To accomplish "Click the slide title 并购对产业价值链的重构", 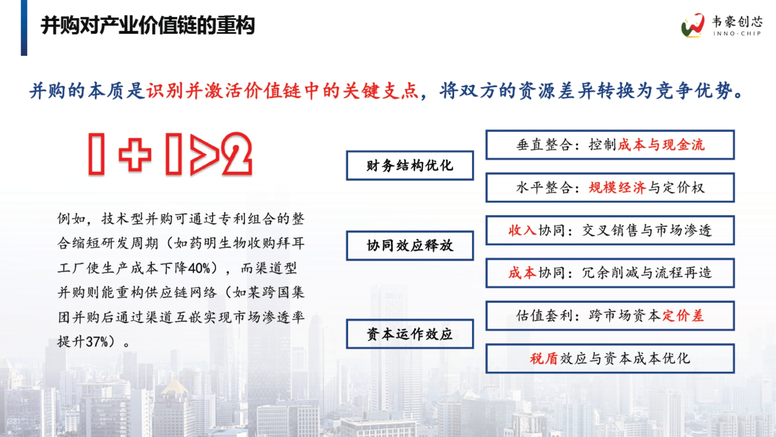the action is pos(147,26).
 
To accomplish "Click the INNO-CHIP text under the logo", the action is pos(737,34).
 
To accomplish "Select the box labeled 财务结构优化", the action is pos(410,165).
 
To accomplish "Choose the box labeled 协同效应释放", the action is pos(410,246).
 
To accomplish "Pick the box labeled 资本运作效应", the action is pos(410,334).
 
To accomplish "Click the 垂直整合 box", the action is pos(610,145).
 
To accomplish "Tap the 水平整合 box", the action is pos(610,188).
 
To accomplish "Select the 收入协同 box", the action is pos(610,230).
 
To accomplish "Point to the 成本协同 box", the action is pos(610,273).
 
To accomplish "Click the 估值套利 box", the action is pos(610,316).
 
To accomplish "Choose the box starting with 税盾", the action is pos(610,359).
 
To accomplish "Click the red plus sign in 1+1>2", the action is pos(135,155).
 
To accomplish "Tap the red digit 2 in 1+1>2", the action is pos(237,154).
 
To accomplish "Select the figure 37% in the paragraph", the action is pos(97,342).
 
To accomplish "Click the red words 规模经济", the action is pos(617,188).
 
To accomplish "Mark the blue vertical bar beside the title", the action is pos(24,28).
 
